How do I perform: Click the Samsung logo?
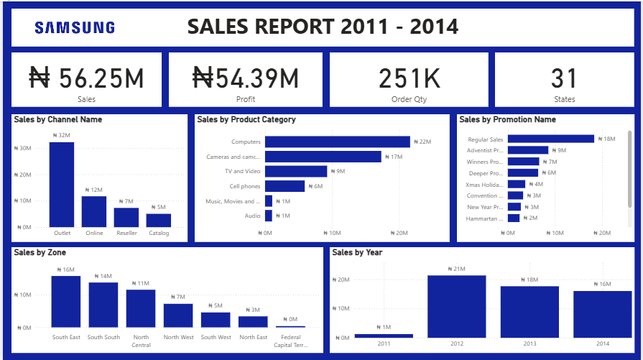[75, 27]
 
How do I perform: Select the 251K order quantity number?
[409, 78]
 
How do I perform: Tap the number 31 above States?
[564, 78]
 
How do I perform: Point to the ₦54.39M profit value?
[246, 78]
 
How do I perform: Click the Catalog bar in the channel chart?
[159, 220]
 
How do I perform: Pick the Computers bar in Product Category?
[337, 142]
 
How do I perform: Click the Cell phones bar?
[285, 186]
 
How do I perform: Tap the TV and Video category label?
[243, 172]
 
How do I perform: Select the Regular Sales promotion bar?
[551, 139]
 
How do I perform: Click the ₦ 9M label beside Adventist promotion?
[562, 150]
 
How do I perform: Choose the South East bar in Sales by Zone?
[65, 301]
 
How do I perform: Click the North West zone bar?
[178, 315]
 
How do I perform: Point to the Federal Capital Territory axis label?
[290, 341]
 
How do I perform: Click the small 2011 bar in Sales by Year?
[384, 336]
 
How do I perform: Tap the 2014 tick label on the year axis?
[602, 344]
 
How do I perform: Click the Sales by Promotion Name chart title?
[507, 120]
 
